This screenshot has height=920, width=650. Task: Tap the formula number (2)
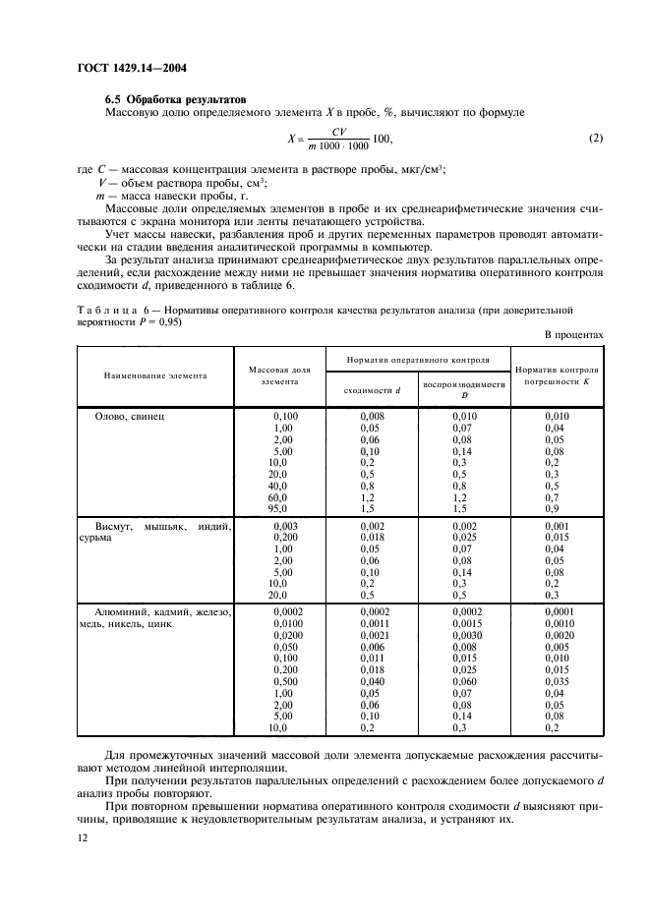tap(595, 138)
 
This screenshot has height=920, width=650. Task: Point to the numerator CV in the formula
tap(338, 130)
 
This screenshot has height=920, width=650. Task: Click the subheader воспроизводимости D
tap(462, 390)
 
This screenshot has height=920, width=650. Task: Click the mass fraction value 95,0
tap(278, 508)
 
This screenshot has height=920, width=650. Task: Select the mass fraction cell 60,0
tap(278, 497)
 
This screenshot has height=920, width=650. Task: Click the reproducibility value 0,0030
tap(462, 635)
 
